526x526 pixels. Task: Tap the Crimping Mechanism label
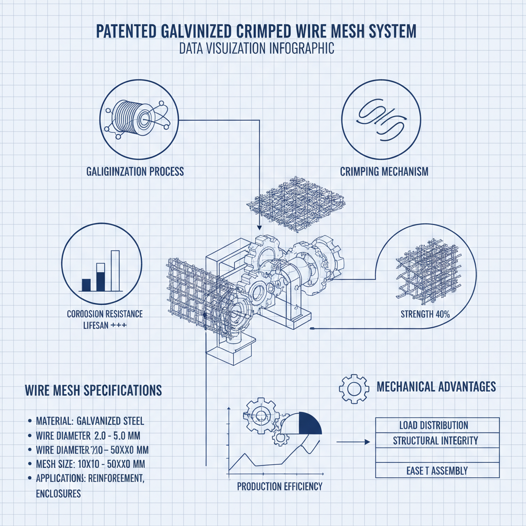[384, 172]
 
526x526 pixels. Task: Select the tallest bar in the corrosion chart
[115, 270]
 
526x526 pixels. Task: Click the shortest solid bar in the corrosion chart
[86, 285]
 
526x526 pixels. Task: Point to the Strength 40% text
[425, 314]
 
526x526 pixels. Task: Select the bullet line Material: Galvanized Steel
[90, 422]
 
